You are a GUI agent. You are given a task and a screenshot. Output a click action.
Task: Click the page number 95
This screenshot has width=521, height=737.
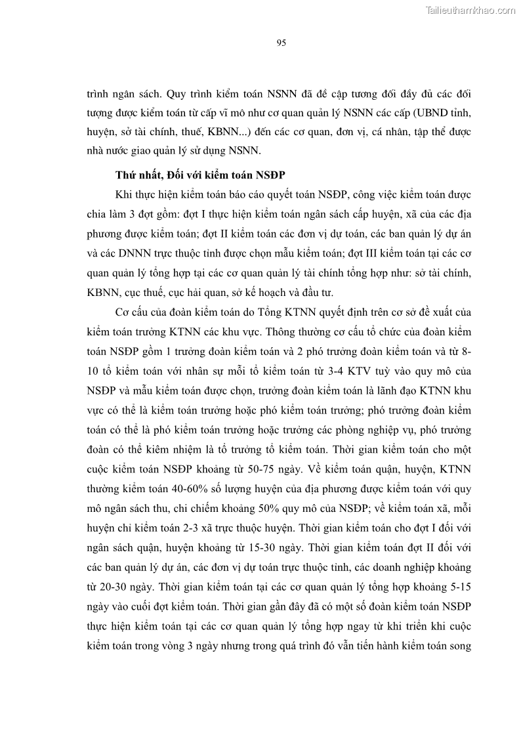[280, 43]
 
